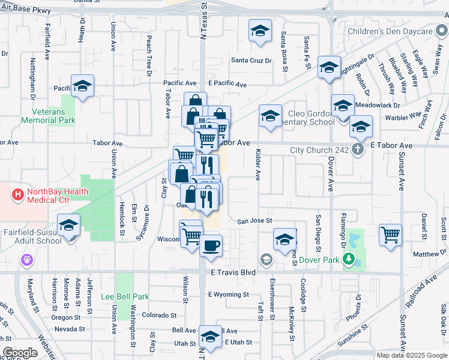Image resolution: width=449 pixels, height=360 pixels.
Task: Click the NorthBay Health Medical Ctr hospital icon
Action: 18,195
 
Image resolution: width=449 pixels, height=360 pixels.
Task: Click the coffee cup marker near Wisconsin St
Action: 211,245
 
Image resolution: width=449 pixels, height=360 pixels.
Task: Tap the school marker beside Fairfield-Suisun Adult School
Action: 69,226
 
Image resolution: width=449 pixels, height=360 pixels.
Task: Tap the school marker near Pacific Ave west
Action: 82,85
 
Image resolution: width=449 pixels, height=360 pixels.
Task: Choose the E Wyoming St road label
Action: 228,295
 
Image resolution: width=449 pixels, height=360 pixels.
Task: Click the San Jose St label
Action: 255,221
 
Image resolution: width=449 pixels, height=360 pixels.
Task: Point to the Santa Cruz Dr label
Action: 252,61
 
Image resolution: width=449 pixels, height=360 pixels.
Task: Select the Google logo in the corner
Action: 20,353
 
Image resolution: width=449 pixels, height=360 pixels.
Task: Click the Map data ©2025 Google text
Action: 411,355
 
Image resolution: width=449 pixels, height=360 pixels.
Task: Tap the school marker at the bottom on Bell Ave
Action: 210,336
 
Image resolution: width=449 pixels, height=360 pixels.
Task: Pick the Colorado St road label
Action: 161,315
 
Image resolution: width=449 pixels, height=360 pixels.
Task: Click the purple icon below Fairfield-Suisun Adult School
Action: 27,260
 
